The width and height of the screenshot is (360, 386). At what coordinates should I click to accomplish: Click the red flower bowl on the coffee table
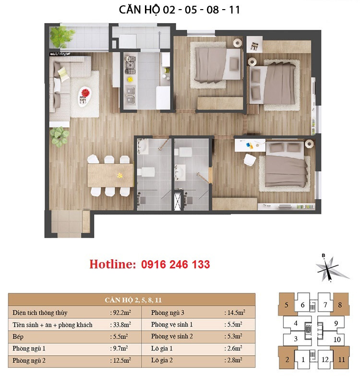pyautogui.click(x=85, y=93)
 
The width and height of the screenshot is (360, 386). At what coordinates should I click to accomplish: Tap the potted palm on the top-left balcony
pyautogui.click(x=62, y=36)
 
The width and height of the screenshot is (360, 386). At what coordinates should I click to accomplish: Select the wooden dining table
pyautogui.click(x=110, y=175)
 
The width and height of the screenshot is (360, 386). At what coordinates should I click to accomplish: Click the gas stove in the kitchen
pyautogui.click(x=130, y=65)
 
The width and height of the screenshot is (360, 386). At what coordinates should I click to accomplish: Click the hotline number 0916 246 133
pyautogui.click(x=176, y=265)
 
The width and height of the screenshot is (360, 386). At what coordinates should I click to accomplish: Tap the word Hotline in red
pyautogui.click(x=112, y=265)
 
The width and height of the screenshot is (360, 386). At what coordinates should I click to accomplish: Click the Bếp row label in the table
pyautogui.click(x=18, y=337)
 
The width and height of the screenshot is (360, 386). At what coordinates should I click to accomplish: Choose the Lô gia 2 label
pyautogui.click(x=162, y=361)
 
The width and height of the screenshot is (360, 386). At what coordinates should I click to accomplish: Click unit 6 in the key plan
pyautogui.click(x=302, y=305)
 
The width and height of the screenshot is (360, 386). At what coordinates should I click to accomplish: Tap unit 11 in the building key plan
pyautogui.click(x=341, y=360)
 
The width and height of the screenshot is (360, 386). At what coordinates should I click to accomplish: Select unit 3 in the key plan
pyautogui.click(x=296, y=339)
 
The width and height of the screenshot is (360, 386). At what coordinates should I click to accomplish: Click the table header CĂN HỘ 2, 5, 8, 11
pyautogui.click(x=133, y=300)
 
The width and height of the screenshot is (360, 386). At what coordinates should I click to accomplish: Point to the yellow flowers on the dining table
pyautogui.click(x=120, y=175)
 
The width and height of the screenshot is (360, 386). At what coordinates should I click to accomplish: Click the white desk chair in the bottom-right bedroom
pyautogui.click(x=250, y=159)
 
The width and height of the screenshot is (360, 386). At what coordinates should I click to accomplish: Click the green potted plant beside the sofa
pyautogui.click(x=60, y=136)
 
